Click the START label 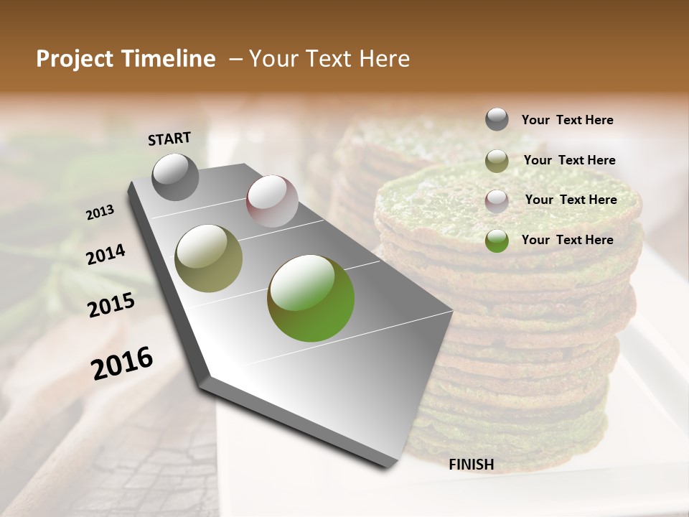[169, 139]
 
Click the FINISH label [472, 465]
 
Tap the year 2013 [100, 213]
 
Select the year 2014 [106, 255]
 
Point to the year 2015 [111, 305]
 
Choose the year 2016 [122, 363]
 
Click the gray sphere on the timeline [176, 177]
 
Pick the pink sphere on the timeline [272, 201]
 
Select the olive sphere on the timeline [209, 258]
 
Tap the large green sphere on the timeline [311, 297]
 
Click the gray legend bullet [497, 119]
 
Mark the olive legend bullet [497, 161]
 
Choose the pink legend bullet [497, 201]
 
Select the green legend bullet [497, 241]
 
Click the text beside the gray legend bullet [567, 120]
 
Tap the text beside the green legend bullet [567, 240]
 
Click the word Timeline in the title [171, 59]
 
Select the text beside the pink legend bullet [571, 200]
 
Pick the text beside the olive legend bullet [569, 160]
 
